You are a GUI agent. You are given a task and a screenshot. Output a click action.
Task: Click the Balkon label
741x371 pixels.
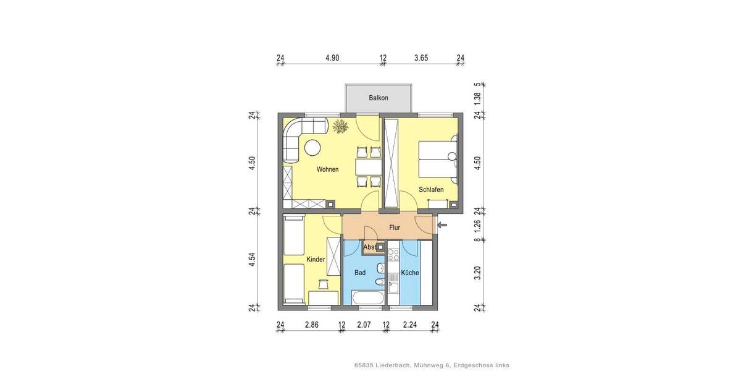pyautogui.click(x=379, y=98)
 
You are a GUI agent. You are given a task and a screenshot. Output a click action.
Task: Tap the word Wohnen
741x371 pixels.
pyautogui.click(x=327, y=169)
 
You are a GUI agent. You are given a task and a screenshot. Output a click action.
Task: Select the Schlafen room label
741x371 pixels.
pyautogui.click(x=431, y=190)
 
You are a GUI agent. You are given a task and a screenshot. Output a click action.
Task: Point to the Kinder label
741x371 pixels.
pyautogui.click(x=316, y=260)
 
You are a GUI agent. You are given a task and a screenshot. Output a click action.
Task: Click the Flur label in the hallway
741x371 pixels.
pyautogui.click(x=395, y=228)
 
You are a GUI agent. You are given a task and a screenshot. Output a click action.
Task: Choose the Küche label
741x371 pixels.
pyautogui.click(x=410, y=273)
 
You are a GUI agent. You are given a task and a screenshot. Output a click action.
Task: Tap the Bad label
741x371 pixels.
pyautogui.click(x=360, y=273)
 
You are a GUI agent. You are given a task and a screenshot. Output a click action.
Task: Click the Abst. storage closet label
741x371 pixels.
pyautogui.click(x=370, y=247)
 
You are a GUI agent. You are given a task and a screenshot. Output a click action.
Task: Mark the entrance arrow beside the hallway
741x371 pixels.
pyautogui.click(x=442, y=225)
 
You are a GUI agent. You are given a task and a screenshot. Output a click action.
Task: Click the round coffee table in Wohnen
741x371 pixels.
pyautogui.click(x=312, y=148)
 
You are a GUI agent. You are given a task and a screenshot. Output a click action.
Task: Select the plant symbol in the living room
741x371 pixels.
pyautogui.click(x=340, y=127)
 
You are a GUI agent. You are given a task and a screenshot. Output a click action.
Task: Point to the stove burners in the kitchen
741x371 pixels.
pyautogui.click(x=393, y=257)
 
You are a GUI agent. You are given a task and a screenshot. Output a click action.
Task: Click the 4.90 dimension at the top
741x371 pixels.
pyautogui.click(x=332, y=58)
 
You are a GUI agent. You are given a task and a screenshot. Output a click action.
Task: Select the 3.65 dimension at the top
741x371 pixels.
pyautogui.click(x=421, y=58)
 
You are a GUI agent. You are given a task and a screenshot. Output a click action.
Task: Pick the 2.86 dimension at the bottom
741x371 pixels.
pyautogui.click(x=311, y=325)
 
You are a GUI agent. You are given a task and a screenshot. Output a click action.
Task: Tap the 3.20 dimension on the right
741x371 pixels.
pyautogui.click(x=477, y=273)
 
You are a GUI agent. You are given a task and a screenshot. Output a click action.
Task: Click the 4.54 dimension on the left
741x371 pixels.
pyautogui.click(x=252, y=260)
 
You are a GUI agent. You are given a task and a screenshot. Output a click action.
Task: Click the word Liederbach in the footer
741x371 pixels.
pyautogui.click(x=392, y=365)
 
